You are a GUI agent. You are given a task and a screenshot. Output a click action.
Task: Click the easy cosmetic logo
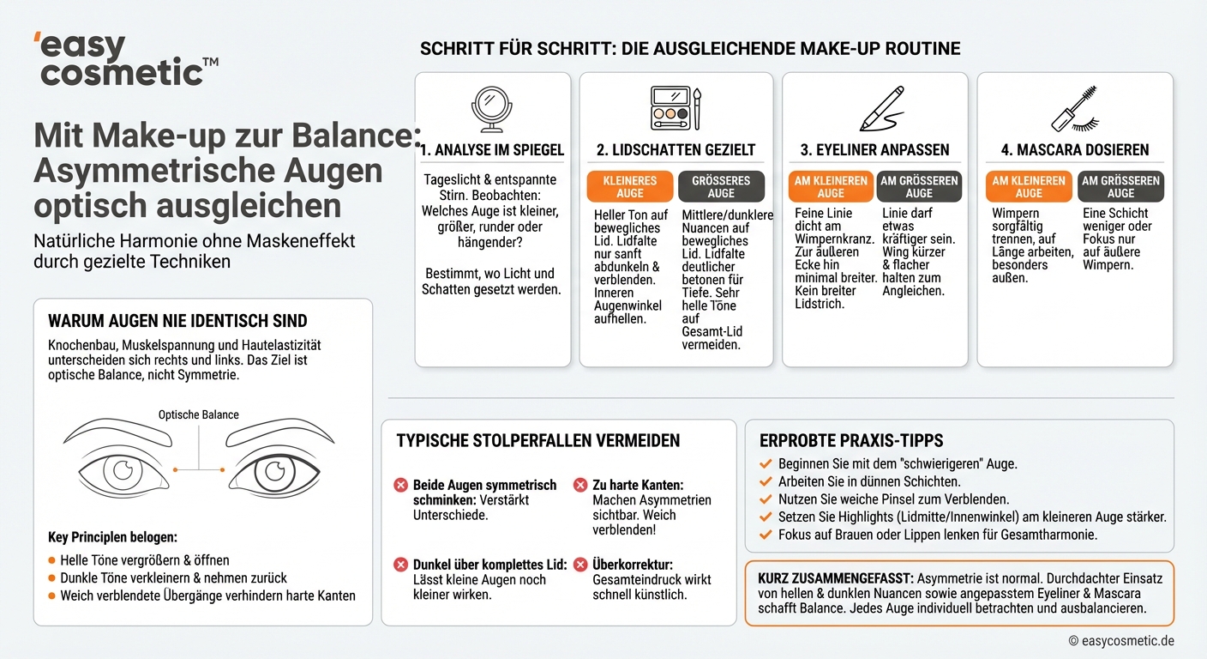point(125,60)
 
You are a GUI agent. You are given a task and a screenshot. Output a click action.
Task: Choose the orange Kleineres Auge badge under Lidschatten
point(630,187)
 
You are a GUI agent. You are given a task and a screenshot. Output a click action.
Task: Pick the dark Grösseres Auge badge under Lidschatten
point(721,187)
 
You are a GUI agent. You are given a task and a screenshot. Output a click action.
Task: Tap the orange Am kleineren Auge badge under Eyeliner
point(830,187)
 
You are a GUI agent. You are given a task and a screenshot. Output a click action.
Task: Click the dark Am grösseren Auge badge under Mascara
point(1120,187)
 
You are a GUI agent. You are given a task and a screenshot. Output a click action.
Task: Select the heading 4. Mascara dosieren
point(1075,150)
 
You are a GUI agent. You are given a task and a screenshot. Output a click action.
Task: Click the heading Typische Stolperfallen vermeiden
point(537,441)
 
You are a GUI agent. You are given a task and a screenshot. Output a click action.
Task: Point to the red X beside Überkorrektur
point(579,565)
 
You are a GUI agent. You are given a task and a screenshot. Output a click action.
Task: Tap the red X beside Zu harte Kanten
point(579,486)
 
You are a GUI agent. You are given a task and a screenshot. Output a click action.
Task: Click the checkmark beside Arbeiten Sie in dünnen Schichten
point(766,481)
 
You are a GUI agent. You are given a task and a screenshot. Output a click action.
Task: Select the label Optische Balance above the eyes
point(199,414)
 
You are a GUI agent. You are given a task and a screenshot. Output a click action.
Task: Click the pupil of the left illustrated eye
point(123,469)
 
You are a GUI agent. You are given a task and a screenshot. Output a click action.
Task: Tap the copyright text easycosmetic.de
point(1121,641)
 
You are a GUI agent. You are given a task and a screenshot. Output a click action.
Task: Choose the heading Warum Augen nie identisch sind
point(177,322)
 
